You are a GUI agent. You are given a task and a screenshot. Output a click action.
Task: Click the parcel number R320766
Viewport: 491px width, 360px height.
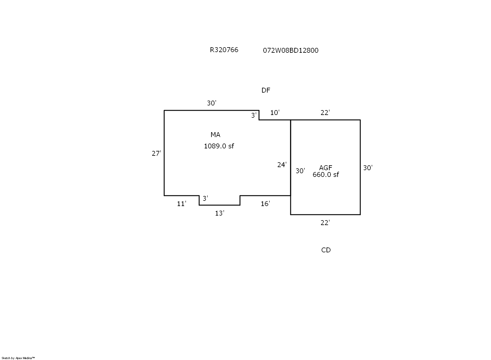pyautogui.click(x=224, y=50)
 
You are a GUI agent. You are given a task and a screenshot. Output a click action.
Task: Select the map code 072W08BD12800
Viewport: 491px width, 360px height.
pyautogui.click(x=291, y=50)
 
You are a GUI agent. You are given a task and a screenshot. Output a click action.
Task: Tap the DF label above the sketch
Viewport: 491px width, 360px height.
pyautogui.click(x=266, y=90)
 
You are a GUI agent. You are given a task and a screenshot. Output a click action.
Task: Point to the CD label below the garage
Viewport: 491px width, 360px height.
pyautogui.click(x=326, y=250)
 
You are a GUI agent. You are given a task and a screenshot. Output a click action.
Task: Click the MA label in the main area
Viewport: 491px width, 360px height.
pyautogui.click(x=215, y=135)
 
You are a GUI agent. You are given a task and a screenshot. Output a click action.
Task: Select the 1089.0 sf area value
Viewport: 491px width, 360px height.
pyautogui.click(x=219, y=146)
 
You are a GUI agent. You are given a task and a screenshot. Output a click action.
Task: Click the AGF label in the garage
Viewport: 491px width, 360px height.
pyautogui.click(x=326, y=168)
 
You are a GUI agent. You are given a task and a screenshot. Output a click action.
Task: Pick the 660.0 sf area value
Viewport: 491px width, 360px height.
pyautogui.click(x=326, y=174)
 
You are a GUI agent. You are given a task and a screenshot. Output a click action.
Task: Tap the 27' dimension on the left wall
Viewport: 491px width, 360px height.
pyautogui.click(x=156, y=153)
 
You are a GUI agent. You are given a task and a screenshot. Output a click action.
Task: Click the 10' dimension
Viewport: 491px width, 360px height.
pyautogui.click(x=275, y=113)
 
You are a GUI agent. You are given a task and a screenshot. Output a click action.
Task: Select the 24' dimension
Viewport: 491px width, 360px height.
pyautogui.click(x=282, y=165)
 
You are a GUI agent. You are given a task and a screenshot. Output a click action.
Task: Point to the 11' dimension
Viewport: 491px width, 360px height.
pyautogui.click(x=181, y=204)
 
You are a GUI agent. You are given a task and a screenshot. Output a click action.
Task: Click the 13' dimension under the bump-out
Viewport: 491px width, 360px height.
pyautogui.click(x=219, y=213)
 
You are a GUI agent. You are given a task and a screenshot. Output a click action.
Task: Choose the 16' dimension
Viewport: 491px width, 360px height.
pyautogui.click(x=265, y=204)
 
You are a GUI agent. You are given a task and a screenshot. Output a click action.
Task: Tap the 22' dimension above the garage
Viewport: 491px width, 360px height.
pyautogui.click(x=325, y=113)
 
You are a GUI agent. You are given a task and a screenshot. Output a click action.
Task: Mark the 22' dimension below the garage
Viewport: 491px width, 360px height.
pyautogui.click(x=325, y=223)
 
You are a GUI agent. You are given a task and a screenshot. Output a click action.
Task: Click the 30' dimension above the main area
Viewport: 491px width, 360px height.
pyautogui.click(x=211, y=103)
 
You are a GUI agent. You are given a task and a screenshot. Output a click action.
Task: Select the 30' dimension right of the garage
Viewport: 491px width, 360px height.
pyautogui.click(x=368, y=168)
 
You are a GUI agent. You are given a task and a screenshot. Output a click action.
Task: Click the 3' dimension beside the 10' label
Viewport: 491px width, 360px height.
pyautogui.click(x=254, y=115)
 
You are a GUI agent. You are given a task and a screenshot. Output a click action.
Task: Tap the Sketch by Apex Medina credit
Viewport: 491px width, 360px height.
pyautogui.click(x=18, y=358)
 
